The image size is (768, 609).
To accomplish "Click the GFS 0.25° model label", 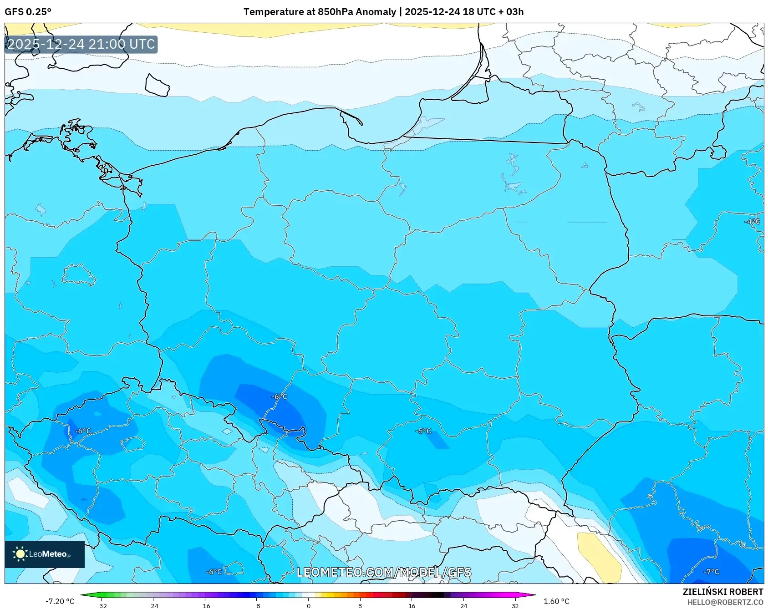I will coord(28,12).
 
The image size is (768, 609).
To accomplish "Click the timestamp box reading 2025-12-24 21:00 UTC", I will coord(81,44).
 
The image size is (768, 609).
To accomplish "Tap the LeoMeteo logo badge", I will coord(45,554).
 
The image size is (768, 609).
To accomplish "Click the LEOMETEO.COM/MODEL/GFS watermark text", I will coord(384,572).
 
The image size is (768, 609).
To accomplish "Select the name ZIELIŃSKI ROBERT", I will coord(722,592).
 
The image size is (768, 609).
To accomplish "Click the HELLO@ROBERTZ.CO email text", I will coord(725,602).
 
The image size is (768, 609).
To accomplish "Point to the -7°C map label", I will coord(711,572).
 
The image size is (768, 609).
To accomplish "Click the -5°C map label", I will coord(423,431).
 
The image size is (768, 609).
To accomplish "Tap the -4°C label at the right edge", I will coord(752,222).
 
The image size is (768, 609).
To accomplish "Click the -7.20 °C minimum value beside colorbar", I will coord(60,601).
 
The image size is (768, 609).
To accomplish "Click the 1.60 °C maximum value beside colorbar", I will coord(556,601).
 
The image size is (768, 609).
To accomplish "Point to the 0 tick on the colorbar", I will coord(309,605).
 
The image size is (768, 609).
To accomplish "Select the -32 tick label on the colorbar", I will coord(102,605).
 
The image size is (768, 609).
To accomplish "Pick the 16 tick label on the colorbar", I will coord(412,605).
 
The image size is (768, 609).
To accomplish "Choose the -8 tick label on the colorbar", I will coord(257,605).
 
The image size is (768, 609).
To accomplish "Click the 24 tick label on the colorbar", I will coord(463,605).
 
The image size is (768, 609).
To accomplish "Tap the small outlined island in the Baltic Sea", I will coord(157,86).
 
